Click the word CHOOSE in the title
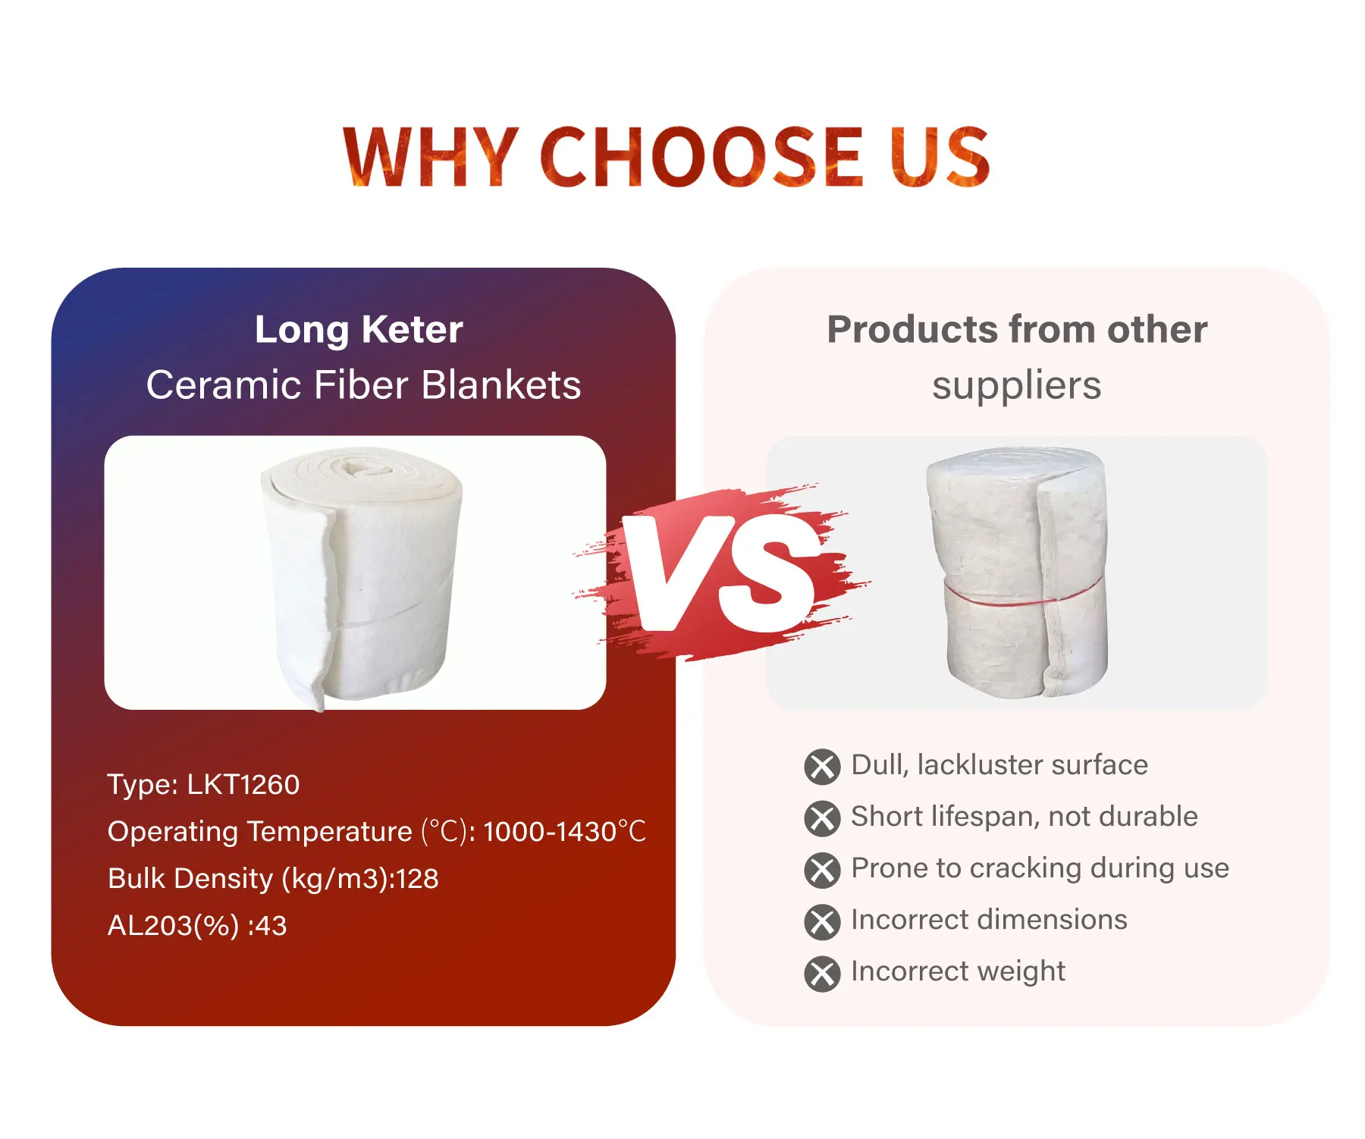(701, 156)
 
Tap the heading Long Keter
(359, 330)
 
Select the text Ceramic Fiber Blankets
(364, 385)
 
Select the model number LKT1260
(243, 784)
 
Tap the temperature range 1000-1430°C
(564, 832)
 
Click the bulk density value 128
(417, 879)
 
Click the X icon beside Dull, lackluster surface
(822, 767)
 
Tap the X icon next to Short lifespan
(822, 818)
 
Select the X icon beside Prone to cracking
(822, 870)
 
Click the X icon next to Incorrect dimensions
(822, 921)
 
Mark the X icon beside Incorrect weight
(822, 974)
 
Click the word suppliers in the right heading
(1016, 387)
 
